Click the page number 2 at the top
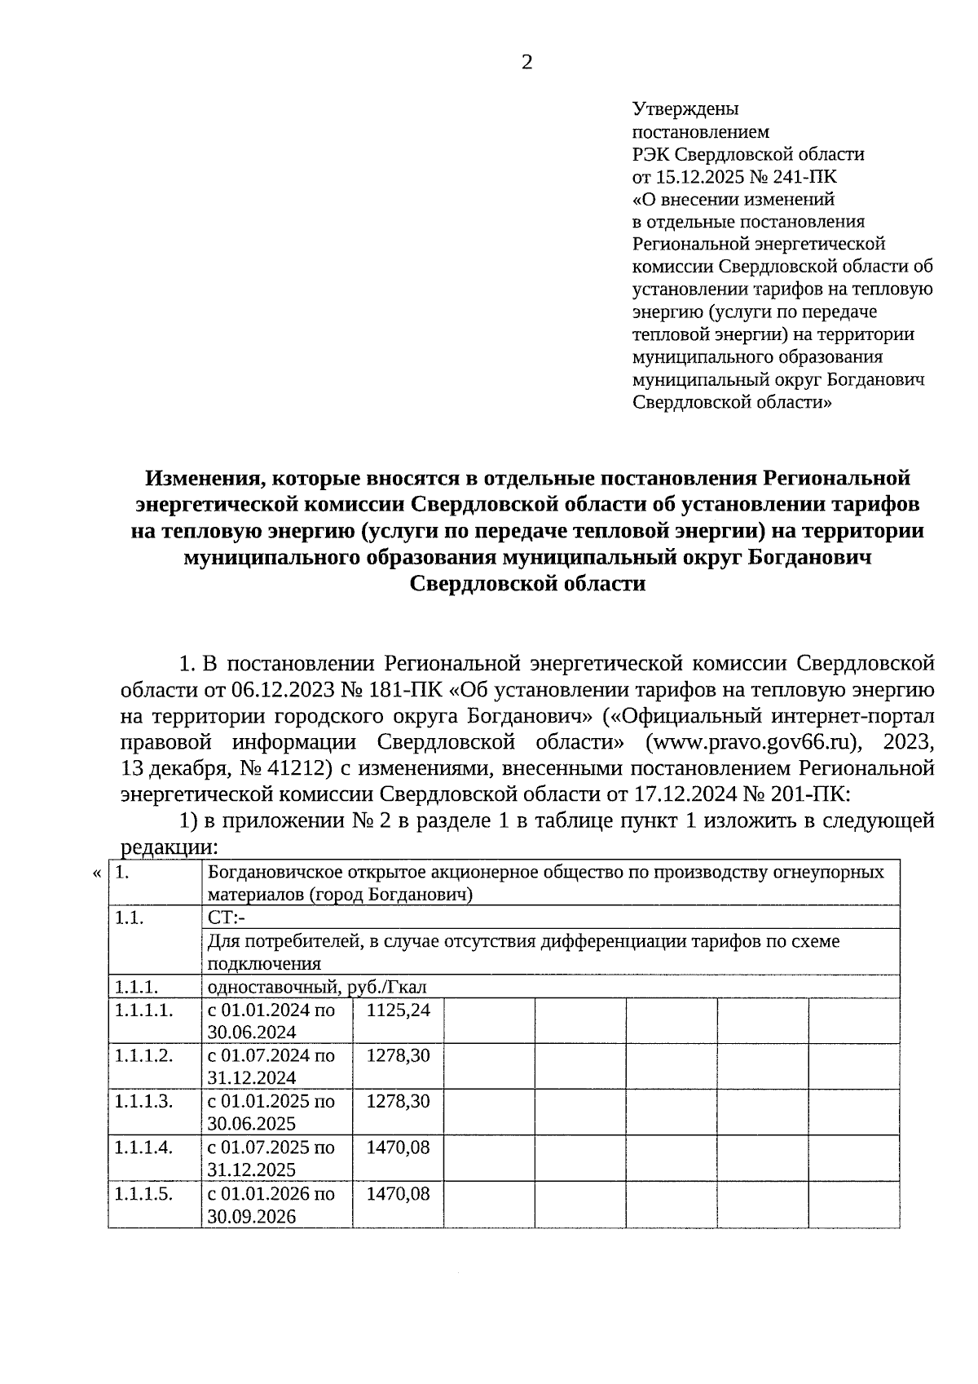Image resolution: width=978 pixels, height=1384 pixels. pos(526,63)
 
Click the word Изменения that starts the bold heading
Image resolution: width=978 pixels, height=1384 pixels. pos(196,477)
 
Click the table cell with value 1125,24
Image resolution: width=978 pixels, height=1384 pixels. pos(398,1010)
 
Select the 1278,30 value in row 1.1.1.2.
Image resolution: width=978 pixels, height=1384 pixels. pos(398,1055)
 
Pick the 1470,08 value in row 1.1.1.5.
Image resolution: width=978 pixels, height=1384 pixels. pos(398,1194)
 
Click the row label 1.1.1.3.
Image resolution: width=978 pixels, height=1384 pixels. pos(143,1101)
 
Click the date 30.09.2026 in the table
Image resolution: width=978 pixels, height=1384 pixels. pos(252,1217)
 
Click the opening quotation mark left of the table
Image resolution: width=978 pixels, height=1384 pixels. pos(97,873)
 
